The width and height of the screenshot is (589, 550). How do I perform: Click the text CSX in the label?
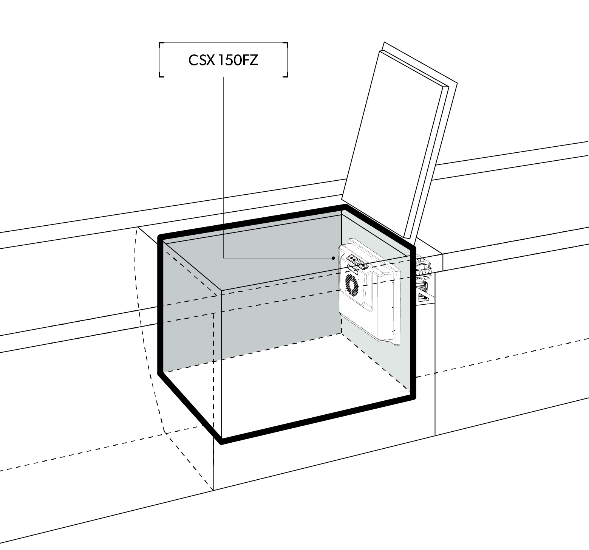pos(201,60)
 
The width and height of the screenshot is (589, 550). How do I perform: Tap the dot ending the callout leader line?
pos(333,258)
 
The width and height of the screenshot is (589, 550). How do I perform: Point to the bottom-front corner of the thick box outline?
pos(222,441)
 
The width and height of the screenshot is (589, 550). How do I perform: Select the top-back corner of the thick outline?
pos(345,206)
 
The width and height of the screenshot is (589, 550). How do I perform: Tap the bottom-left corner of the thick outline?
pos(160,372)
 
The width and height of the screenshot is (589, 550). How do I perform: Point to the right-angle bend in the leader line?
pos(224,258)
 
